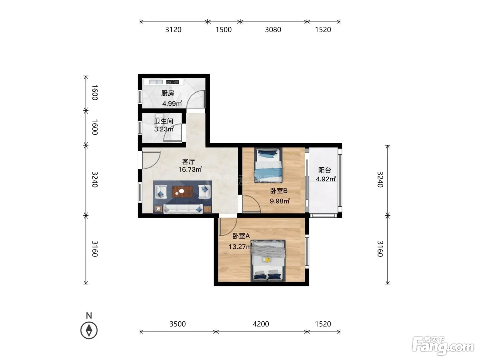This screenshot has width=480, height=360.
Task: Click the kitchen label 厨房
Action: tap(168, 93)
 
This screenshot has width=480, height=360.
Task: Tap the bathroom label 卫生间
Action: tap(164, 121)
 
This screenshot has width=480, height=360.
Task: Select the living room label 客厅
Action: tap(188, 162)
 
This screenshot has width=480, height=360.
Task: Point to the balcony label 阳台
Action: tap(325, 170)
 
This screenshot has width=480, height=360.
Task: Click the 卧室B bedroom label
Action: tap(279, 191)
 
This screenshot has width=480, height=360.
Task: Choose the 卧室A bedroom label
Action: tap(241, 236)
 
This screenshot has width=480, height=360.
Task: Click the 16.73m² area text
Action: tap(190, 169)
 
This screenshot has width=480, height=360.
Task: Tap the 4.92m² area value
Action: tap(326, 179)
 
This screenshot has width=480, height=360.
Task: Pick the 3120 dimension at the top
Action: tap(173, 30)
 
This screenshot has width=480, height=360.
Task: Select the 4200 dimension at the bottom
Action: tap(261, 324)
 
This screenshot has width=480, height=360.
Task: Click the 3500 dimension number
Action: tap(178, 324)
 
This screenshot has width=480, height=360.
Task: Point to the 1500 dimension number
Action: tap(224, 30)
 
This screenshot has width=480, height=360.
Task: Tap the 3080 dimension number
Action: tap(273, 30)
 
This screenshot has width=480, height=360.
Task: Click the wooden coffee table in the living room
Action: tap(182, 191)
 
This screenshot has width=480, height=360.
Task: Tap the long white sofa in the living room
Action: tap(183, 209)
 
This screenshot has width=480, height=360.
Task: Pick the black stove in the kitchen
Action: tap(172, 82)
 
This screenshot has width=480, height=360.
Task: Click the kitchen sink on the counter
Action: tap(156, 82)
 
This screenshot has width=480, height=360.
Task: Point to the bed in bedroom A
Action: tap(268, 261)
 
